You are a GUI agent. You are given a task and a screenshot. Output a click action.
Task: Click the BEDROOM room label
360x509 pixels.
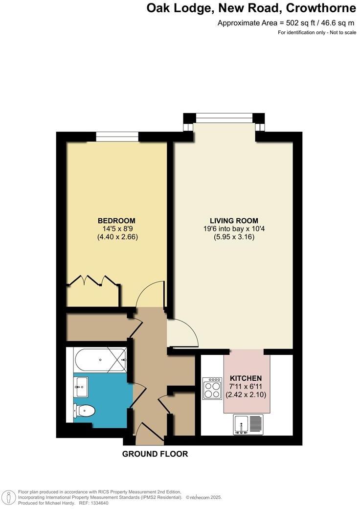click(x=116, y=221)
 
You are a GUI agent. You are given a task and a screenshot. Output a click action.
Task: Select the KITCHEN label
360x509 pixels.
click(x=246, y=378)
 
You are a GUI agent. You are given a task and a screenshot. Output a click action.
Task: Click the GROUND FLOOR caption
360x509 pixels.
click(x=155, y=454)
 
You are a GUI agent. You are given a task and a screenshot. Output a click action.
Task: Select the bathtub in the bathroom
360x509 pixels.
click(x=100, y=360)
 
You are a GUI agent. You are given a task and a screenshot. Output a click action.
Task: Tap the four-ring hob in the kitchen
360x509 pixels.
click(x=213, y=389)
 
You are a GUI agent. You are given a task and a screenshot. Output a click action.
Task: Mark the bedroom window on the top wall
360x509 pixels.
click(x=117, y=137)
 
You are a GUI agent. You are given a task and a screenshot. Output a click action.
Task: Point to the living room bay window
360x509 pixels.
click(x=224, y=117)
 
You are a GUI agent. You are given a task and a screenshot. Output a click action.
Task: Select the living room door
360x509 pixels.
click(x=183, y=333)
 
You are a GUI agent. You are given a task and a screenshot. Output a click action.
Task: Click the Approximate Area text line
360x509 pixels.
click(x=286, y=23)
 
